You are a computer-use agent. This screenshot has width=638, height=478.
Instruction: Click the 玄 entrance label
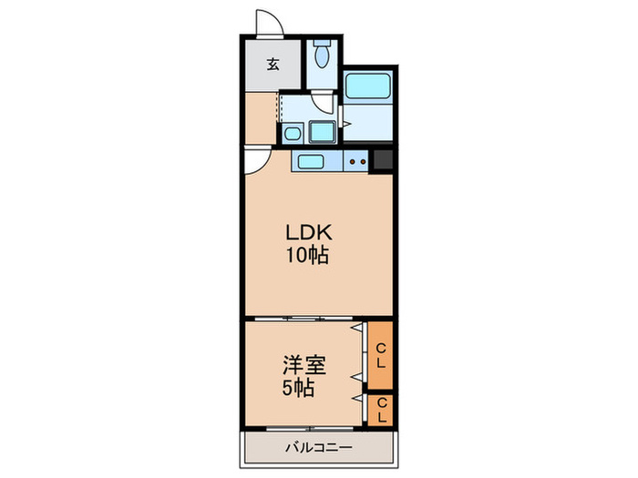coord(273,64)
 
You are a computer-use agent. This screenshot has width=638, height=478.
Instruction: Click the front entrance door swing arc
coord(267,23)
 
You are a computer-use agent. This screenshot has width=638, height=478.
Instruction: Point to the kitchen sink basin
coord(310,163)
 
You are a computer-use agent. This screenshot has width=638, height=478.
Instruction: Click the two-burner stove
coord(357,163)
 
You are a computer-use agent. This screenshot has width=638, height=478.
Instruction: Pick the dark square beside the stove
coord(383,161)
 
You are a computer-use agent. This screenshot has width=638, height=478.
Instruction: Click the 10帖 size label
coord(304,256)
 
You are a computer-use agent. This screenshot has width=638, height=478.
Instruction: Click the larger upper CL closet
coord(380,355)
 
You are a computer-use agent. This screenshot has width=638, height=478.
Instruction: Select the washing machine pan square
coord(322,132)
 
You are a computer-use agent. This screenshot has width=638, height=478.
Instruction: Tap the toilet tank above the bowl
coord(322,45)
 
